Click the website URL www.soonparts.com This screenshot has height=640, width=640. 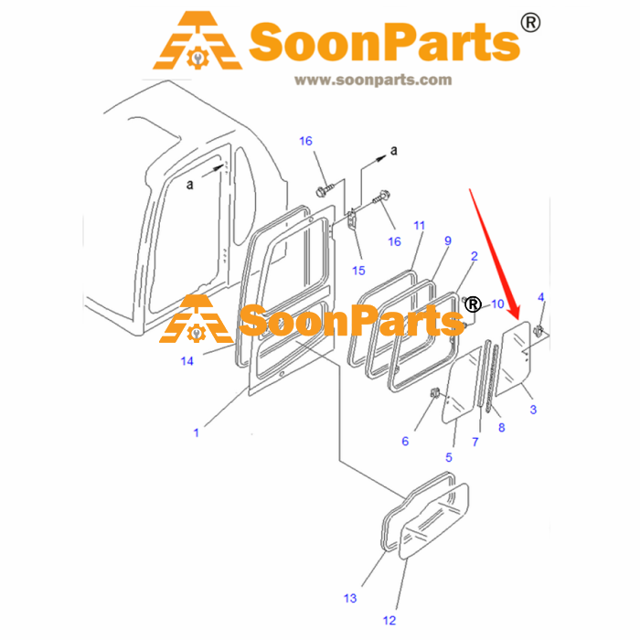pyautogui.click(x=373, y=80)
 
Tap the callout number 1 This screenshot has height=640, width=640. pyautogui.click(x=197, y=432)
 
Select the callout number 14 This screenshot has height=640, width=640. pyautogui.click(x=187, y=361)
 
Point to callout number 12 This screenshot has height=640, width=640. pyautogui.click(x=389, y=621)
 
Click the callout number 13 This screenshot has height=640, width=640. pyautogui.click(x=350, y=598)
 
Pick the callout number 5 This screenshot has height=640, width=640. pyautogui.click(x=449, y=457)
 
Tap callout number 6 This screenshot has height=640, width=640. pyautogui.click(x=405, y=442)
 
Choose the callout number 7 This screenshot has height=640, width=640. pyautogui.click(x=475, y=442)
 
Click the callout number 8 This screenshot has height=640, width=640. pyautogui.click(x=502, y=428)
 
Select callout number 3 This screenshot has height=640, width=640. pyautogui.click(x=533, y=410)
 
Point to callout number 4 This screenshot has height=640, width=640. pyautogui.click(x=541, y=297)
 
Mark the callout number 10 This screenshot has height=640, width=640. pyautogui.click(x=497, y=304)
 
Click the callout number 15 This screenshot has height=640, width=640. pyautogui.click(x=358, y=271)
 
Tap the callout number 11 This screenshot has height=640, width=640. pyautogui.click(x=419, y=226)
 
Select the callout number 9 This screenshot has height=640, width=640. pyautogui.click(x=448, y=240)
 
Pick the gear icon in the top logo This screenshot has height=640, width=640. pyautogui.click(x=198, y=58)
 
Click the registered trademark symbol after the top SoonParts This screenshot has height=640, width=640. pyautogui.click(x=530, y=23)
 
